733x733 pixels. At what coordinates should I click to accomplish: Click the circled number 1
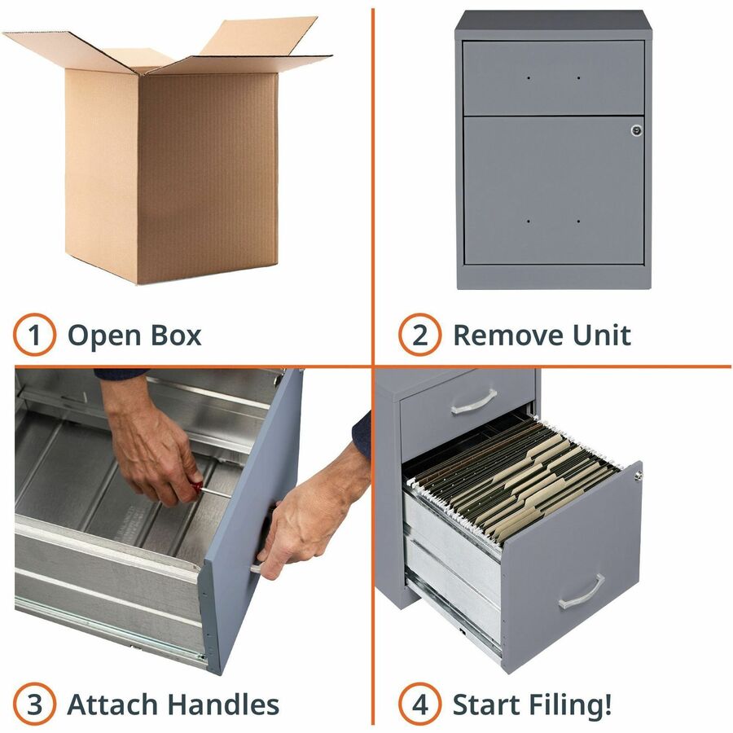pyautogui.click(x=34, y=335)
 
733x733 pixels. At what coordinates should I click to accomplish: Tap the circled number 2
pyautogui.click(x=419, y=335)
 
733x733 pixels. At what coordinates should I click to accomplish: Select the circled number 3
pyautogui.click(x=34, y=704)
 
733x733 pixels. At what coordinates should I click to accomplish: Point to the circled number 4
pyautogui.click(x=419, y=704)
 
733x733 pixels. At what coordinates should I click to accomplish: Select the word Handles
pyautogui.click(x=222, y=704)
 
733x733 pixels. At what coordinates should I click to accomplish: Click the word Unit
pyautogui.click(x=602, y=336)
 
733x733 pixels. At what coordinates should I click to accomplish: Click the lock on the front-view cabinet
pyautogui.click(x=636, y=130)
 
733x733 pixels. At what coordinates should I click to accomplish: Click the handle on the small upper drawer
pyautogui.click(x=473, y=402)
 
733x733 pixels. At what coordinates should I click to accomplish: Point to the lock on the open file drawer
pyautogui.click(x=638, y=476)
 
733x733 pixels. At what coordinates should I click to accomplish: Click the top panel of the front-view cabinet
pyautogui.click(x=553, y=24)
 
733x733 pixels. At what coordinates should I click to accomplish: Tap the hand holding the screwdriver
pyautogui.click(x=152, y=456)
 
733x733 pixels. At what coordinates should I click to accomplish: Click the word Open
pyautogui.click(x=104, y=336)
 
